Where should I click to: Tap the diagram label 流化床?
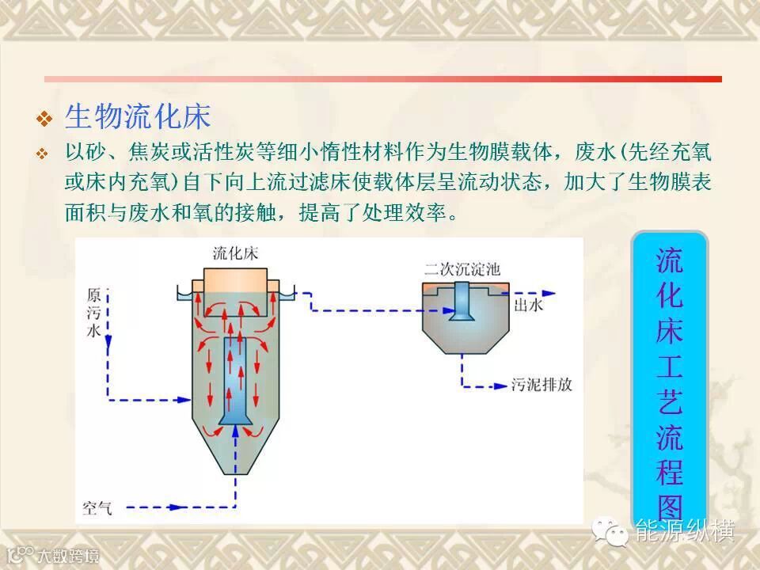click(235, 253)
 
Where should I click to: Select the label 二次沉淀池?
click(462, 268)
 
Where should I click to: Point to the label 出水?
click(528, 305)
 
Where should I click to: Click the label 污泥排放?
click(541, 386)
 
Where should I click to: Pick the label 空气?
click(98, 505)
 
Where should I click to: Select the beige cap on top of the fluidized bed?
click(235, 281)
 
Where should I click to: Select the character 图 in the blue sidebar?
click(669, 507)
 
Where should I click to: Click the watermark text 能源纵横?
click(686, 530)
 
